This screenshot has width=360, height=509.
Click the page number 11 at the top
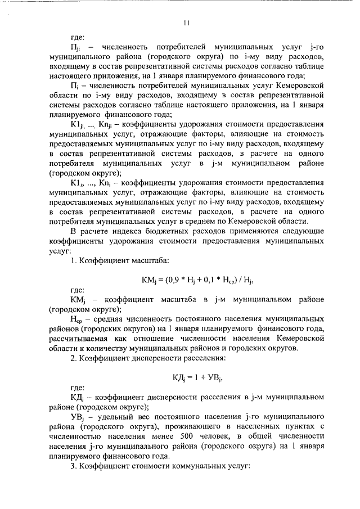click(186, 23)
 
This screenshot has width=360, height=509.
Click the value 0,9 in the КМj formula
click(176, 278)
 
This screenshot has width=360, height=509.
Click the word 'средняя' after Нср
click(106, 319)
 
